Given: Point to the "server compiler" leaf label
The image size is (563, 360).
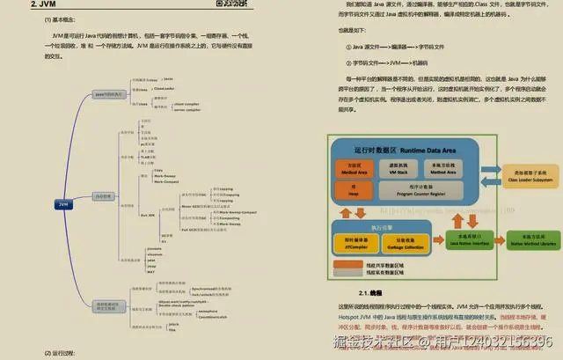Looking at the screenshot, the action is (x=189, y=110).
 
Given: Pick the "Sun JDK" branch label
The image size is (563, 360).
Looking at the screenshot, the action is (x=147, y=215).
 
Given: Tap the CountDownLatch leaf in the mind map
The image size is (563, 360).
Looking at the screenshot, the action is (x=199, y=317).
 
